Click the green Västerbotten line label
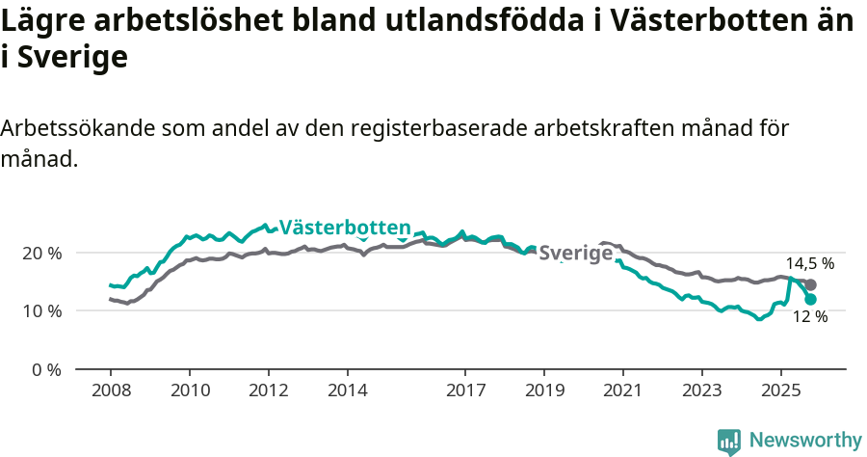(x=345, y=228)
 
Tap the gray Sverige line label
(x=576, y=254)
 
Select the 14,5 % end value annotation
(x=809, y=263)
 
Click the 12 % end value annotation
(x=810, y=316)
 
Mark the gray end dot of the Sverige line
(x=811, y=284)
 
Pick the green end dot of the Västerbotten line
(x=811, y=300)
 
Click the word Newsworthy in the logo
(x=805, y=441)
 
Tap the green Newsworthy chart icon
(x=729, y=442)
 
